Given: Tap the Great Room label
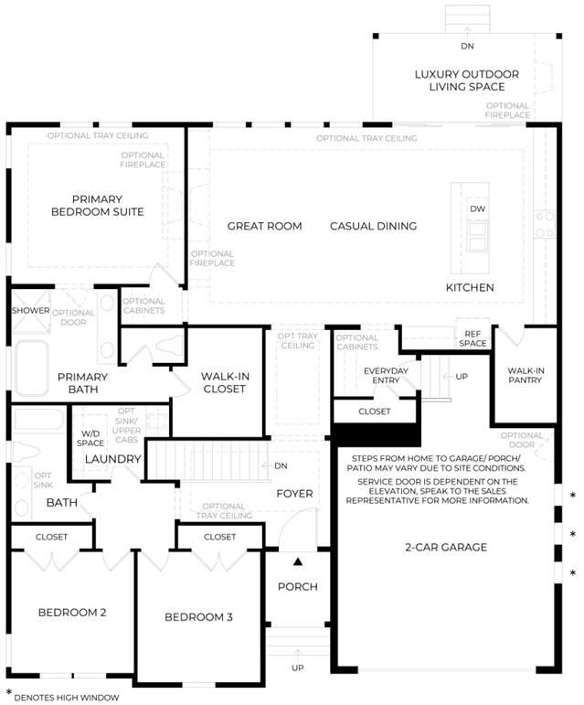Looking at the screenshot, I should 264,226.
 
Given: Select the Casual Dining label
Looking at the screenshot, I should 373,226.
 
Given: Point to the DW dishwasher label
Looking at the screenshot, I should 477,208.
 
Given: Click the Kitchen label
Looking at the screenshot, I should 470,287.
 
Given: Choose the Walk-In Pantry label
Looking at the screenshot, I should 526,375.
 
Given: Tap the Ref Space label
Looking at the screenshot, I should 473,338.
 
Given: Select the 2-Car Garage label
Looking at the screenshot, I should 446,547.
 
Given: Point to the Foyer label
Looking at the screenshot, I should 294,494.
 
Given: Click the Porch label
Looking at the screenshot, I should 298,586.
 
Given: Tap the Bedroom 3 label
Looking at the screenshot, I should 198,617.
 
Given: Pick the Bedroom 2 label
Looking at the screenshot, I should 72,612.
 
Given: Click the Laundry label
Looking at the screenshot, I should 113,459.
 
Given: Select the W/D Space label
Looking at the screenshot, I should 90,438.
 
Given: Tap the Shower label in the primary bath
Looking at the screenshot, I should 30,310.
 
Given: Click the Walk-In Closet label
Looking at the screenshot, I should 224,382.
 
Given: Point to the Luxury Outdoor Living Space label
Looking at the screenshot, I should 466,80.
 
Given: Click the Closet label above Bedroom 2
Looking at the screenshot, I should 51,537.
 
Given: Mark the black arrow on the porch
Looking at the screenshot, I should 298,561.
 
